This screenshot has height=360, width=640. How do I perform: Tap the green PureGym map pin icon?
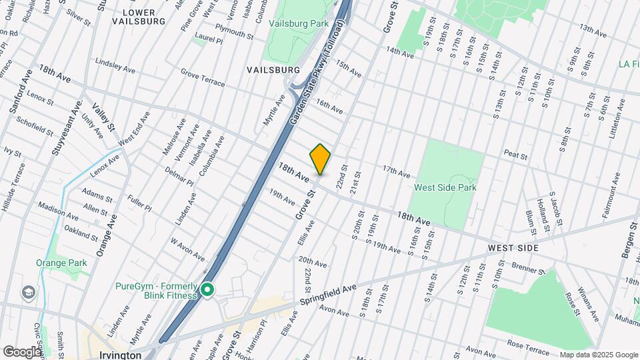pyautogui.click(x=207, y=291)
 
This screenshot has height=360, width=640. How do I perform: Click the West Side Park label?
pyautogui.click(x=445, y=188)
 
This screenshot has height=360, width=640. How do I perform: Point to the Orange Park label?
pyautogui.click(x=62, y=263)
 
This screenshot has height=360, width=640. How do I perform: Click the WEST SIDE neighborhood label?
pyautogui.click(x=513, y=248)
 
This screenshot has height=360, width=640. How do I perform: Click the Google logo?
pyautogui.click(x=21, y=352)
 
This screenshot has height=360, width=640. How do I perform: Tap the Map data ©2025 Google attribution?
pyautogui.click(x=598, y=355)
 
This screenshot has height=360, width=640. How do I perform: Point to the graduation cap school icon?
pyautogui.click(x=29, y=292)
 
